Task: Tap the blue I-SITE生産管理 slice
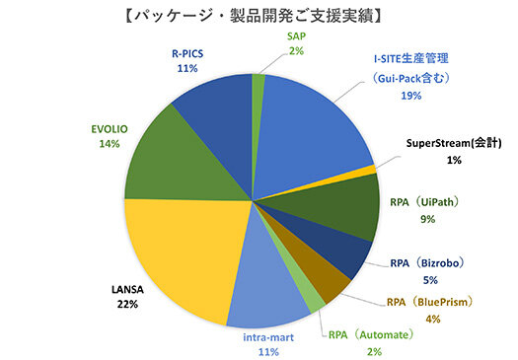[311, 128]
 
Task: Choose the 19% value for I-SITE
[411, 96]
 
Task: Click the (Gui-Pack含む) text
[412, 78]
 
